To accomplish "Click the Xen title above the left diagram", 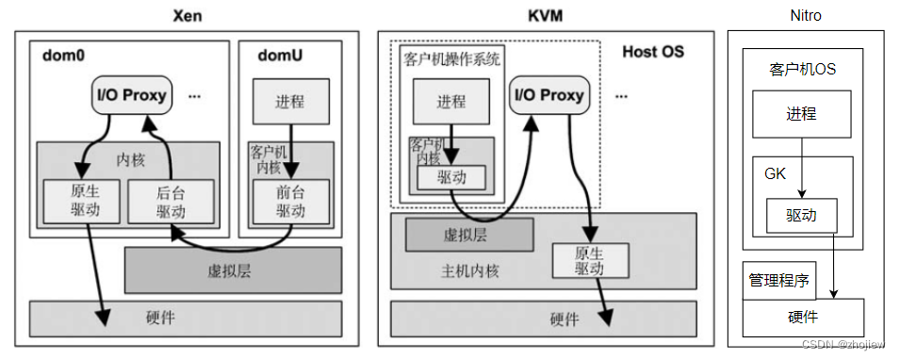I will pyautogui.click(x=188, y=15).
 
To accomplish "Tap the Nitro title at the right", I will pyautogui.click(x=806, y=15).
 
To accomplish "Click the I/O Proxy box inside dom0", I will pyautogui.click(x=133, y=94).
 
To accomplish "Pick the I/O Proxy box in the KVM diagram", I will pyautogui.click(x=549, y=94).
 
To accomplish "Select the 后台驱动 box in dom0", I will pyautogui.click(x=171, y=200).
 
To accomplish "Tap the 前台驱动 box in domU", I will pyautogui.click(x=290, y=200).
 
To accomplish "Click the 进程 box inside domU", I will pyautogui.click(x=290, y=102).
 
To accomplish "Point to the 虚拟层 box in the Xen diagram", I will pyautogui.click(x=233, y=270).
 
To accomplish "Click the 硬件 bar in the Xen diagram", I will pyautogui.click(x=187, y=319).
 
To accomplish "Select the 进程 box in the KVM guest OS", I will pyautogui.click(x=450, y=102).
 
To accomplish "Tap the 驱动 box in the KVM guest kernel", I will pyautogui.click(x=450, y=177).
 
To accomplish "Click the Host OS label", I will pyautogui.click(x=654, y=51).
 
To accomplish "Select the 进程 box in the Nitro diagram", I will pyautogui.click(x=801, y=114).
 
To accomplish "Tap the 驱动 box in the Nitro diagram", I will pyautogui.click(x=801, y=215).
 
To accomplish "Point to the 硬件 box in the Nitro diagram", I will pyautogui.click(x=803, y=318).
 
